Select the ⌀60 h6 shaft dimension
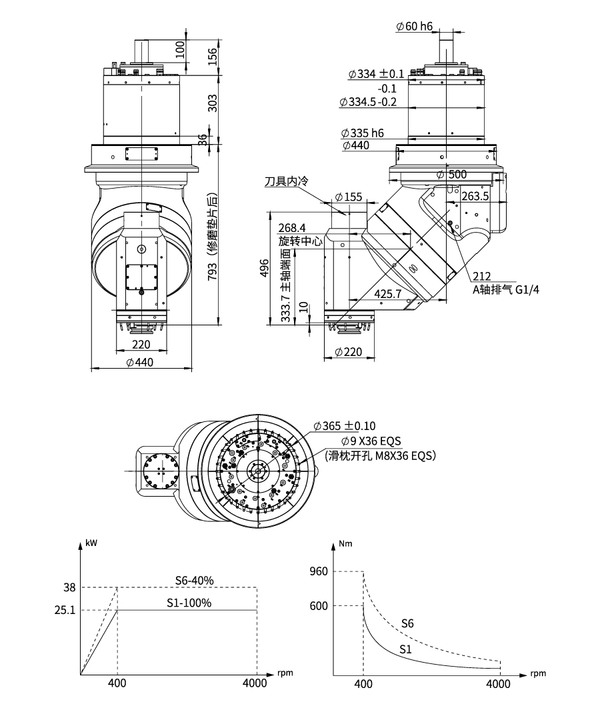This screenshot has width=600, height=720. [x=414, y=27]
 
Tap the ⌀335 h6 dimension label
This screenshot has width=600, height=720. [x=362, y=133]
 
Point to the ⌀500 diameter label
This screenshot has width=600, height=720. [x=453, y=174]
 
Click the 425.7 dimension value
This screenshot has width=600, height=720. [x=387, y=293]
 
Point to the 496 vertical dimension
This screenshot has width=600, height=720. [x=265, y=269]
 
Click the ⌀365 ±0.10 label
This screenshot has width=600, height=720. [x=349, y=425]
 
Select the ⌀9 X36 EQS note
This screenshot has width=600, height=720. [x=371, y=441]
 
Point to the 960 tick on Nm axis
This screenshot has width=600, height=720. [x=319, y=571]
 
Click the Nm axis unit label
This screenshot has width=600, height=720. [x=345, y=543]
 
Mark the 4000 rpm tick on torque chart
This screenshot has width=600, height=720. [x=499, y=684]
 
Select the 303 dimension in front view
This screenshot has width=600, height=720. [x=213, y=103]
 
